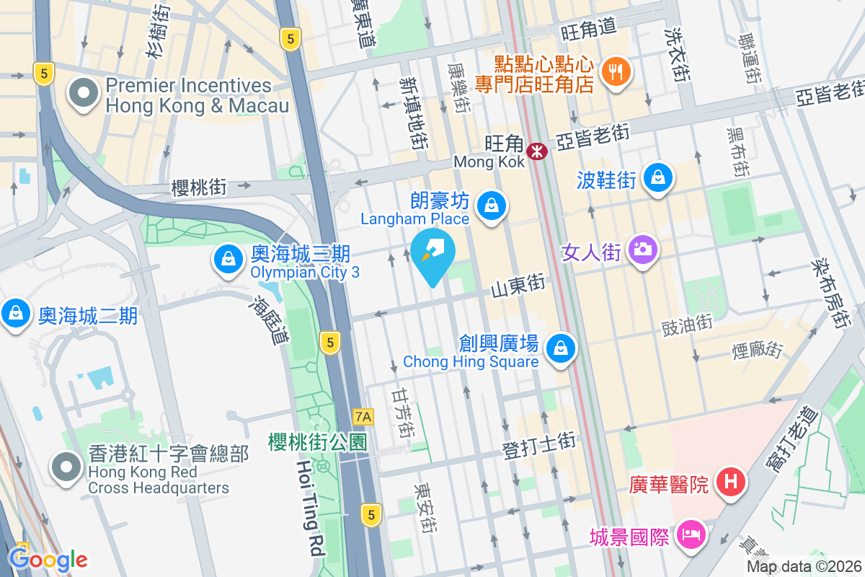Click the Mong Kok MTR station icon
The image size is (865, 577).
pyautogui.click(x=536, y=151)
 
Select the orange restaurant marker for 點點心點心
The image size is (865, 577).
pyautogui.click(x=615, y=71)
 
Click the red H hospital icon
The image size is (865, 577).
pyautogui.click(x=730, y=481)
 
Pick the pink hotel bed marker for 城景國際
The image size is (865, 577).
pyautogui.click(x=691, y=535)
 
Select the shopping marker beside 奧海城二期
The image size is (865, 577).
pyautogui.click(x=15, y=314)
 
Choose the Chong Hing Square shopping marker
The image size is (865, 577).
pyautogui.click(x=559, y=349)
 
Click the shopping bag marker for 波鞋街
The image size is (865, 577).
pyautogui.click(x=657, y=177)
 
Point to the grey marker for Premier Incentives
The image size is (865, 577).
pyautogui.click(x=84, y=93)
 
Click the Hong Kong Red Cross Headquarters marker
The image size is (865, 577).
pyautogui.click(x=67, y=467)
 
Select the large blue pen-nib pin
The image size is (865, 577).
pyautogui.click(x=433, y=253)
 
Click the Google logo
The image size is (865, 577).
pyautogui.click(x=48, y=559)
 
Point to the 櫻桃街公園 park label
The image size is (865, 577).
pyautogui.click(x=318, y=441)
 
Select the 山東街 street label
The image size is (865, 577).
pyautogui.click(x=518, y=286)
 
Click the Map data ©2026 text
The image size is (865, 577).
pyautogui.click(x=804, y=566)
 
